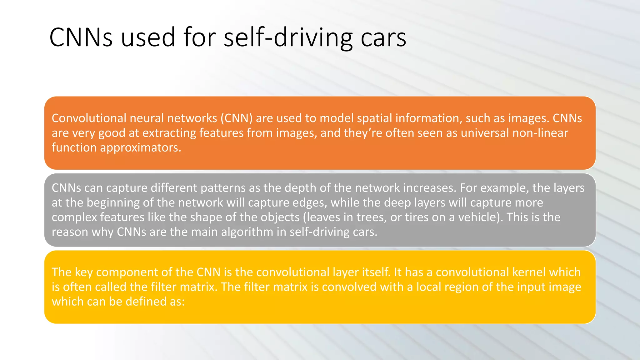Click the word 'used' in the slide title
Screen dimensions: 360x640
click(148, 37)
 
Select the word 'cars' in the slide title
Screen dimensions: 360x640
click(383, 37)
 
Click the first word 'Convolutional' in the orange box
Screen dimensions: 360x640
click(89, 118)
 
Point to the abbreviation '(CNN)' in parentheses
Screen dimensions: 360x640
click(237, 118)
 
